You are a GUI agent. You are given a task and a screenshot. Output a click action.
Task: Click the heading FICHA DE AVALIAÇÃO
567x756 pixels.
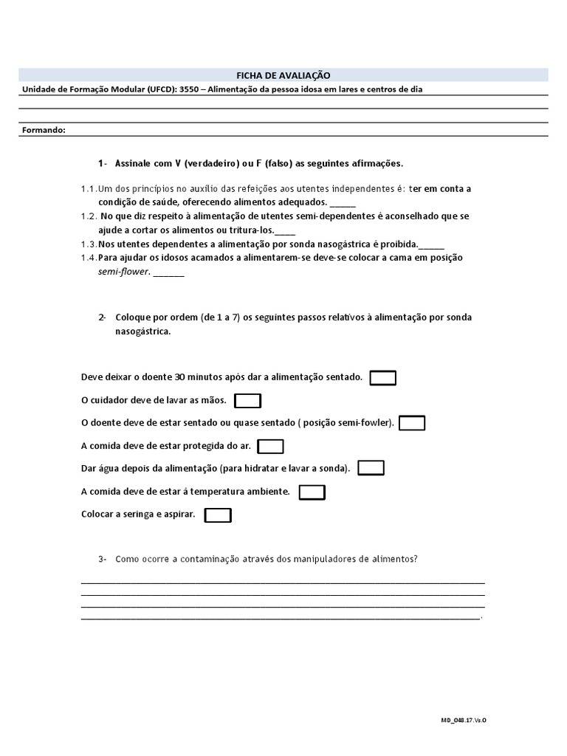coord(283,75)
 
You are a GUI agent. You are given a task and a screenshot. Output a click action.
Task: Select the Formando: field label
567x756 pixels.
coord(44,130)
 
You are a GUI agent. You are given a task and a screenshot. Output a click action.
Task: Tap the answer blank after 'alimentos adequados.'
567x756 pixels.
coord(343,202)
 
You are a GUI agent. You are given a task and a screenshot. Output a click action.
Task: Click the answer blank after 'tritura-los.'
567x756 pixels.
coord(284,230)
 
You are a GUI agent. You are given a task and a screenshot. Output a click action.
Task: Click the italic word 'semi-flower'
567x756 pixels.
coord(124,272)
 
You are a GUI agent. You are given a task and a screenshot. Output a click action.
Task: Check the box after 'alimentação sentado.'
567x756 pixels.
coord(382,378)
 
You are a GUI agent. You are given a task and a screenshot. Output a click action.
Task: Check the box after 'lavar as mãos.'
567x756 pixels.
coord(247,401)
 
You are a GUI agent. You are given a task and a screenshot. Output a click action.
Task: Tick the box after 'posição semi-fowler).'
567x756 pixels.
coord(411,423)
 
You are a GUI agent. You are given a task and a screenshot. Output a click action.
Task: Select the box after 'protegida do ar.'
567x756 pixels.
coord(270,446)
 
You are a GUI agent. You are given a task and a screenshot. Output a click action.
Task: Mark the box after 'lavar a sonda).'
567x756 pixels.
coord(371,468)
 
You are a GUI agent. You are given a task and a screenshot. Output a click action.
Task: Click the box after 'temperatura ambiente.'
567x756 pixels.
coord(312,492)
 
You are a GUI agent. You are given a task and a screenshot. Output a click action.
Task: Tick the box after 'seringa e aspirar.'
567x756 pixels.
coord(218,515)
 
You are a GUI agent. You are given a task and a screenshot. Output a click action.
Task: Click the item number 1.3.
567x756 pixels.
coord(88,244)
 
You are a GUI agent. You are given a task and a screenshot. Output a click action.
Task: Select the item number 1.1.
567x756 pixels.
coord(88,189)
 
